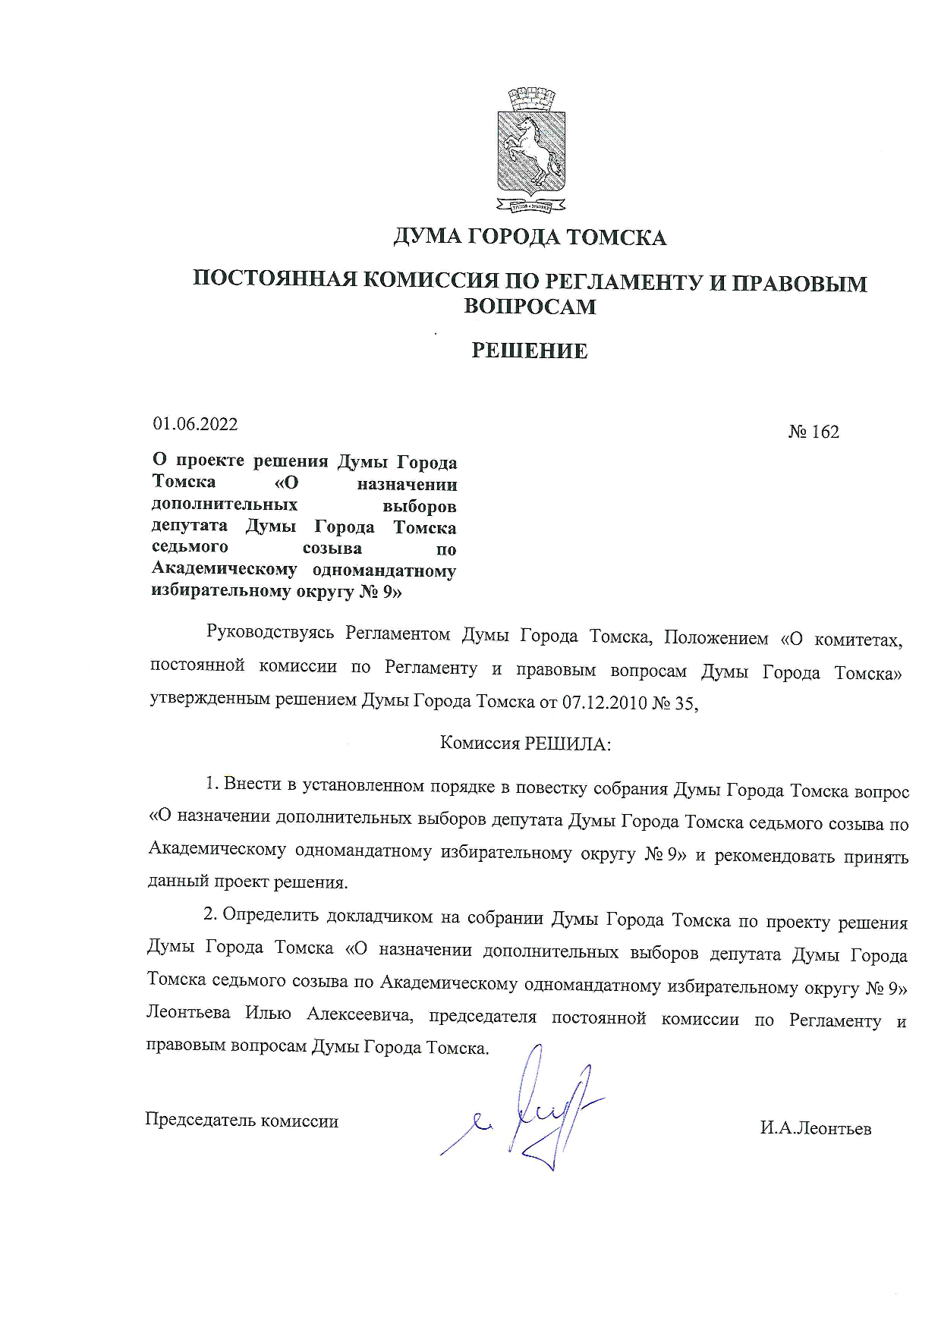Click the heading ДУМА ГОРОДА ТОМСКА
point(529,237)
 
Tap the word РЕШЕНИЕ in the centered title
point(529,351)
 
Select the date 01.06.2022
point(195,424)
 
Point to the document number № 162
point(814,432)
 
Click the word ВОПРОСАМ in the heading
point(529,306)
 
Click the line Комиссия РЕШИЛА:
point(525,744)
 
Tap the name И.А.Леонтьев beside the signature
point(816,1128)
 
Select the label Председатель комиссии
point(241,1121)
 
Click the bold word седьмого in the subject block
point(190,548)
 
